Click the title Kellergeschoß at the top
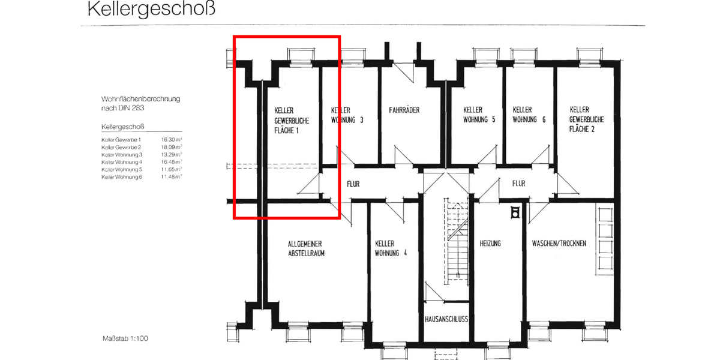point(151,10)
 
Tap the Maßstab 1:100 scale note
point(125,338)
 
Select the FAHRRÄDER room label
point(404,110)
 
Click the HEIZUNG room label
point(490,244)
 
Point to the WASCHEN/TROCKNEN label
point(559,244)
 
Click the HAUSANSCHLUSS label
point(446,319)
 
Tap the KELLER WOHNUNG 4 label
point(391,248)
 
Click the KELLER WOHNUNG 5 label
point(479,115)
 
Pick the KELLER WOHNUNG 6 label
point(529,115)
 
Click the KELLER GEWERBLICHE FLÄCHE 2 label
point(587,119)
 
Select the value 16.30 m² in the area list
point(172,139)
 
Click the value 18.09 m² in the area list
point(172,147)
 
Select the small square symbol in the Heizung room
point(514,212)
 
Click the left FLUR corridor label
point(352,184)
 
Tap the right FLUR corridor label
point(520,184)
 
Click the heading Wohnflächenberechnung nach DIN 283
point(140,103)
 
